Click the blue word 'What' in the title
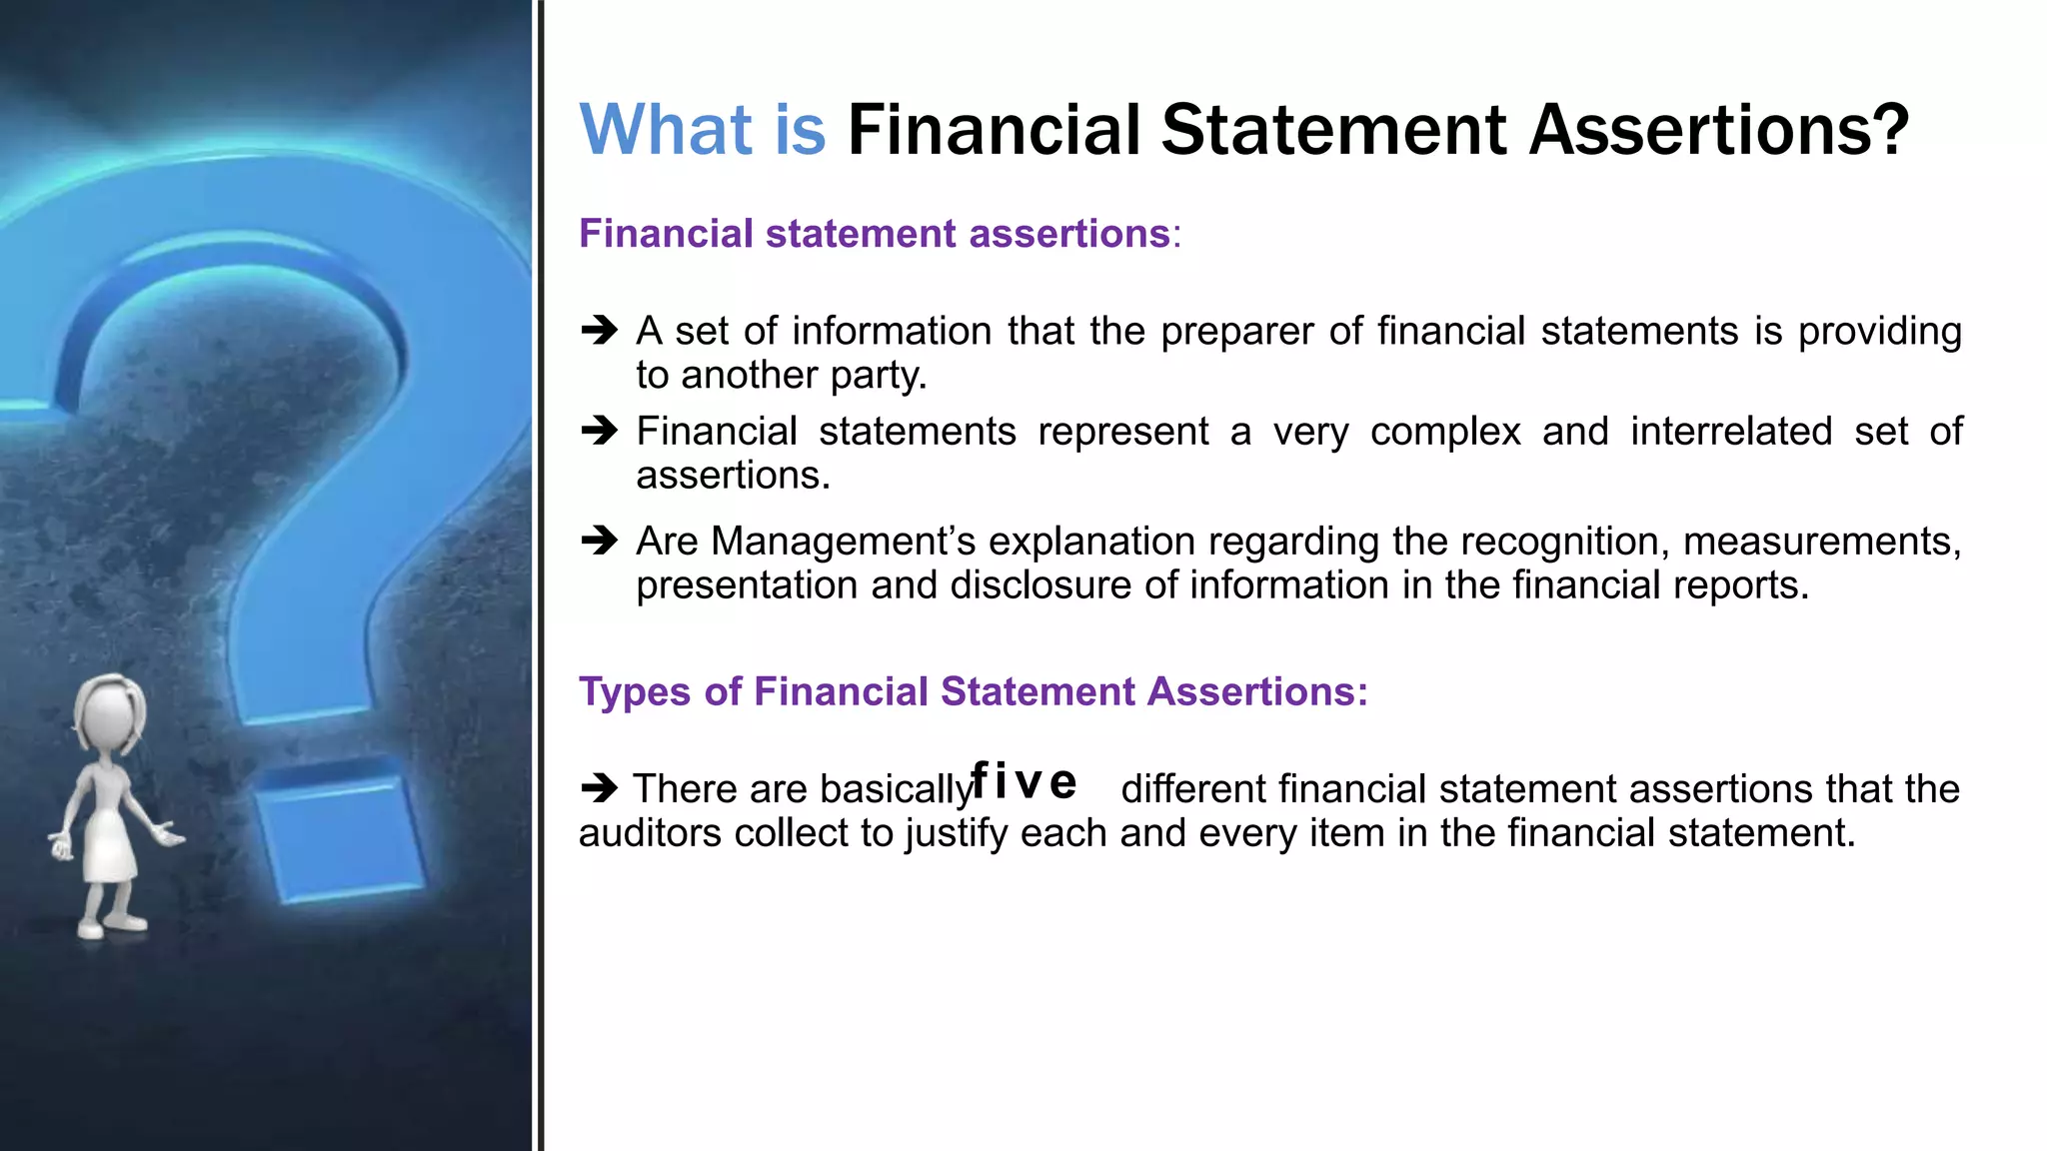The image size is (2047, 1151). tap(666, 131)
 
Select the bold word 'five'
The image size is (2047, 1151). tap(1023, 781)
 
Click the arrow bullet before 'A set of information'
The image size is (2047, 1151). tap(600, 330)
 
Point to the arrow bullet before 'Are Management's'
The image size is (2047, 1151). tap(600, 541)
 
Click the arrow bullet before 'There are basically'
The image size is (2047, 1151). tap(600, 788)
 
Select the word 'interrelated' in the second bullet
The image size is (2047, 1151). tap(1731, 432)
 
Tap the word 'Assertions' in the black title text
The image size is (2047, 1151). tap(1719, 131)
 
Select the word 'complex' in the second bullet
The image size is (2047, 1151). tap(1445, 432)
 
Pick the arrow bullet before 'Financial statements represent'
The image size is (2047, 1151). tap(600, 431)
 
